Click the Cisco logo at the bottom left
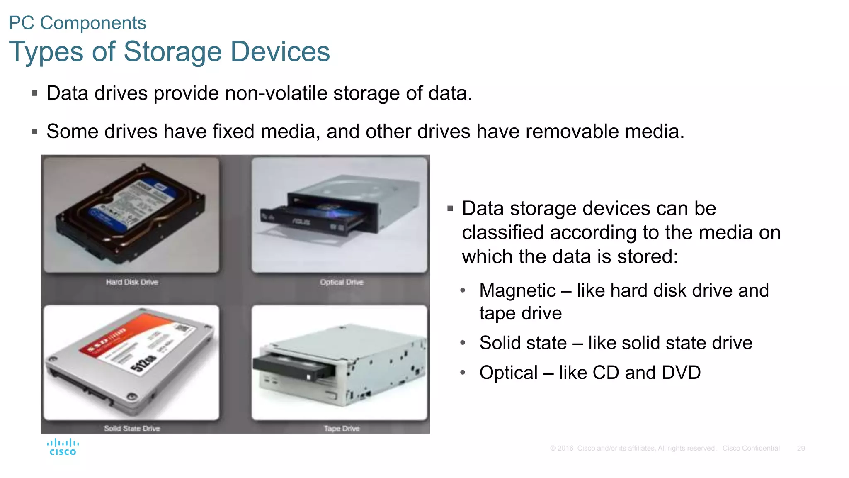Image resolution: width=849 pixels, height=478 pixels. click(63, 447)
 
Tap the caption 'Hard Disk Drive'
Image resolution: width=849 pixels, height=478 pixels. click(132, 282)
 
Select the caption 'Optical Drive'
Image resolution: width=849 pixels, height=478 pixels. click(341, 282)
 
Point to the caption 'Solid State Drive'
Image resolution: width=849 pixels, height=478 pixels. click(132, 428)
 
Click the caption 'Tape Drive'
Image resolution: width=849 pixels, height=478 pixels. click(342, 428)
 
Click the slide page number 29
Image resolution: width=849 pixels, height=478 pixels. click(801, 449)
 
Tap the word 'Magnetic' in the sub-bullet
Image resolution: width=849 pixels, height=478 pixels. click(517, 290)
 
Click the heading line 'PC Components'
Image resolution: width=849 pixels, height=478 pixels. click(78, 23)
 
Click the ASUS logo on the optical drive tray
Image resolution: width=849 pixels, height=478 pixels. click(301, 222)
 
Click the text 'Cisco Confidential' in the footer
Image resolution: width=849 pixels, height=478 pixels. click(751, 449)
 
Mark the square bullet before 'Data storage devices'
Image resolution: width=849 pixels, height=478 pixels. click(450, 209)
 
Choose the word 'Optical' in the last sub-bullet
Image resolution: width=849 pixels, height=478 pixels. click(508, 373)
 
